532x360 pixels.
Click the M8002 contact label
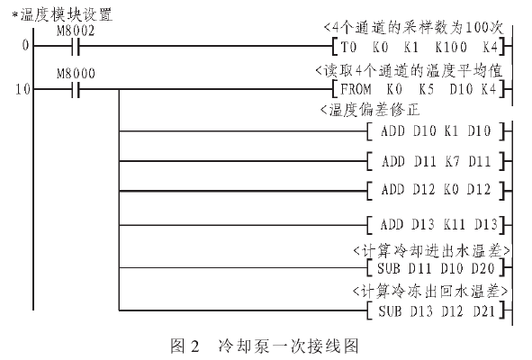click(x=76, y=31)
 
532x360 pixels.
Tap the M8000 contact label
click(x=76, y=74)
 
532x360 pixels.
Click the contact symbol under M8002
click(x=76, y=46)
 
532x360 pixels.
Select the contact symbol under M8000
click(x=76, y=89)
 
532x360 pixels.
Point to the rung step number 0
click(x=25, y=45)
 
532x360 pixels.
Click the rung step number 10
click(x=23, y=89)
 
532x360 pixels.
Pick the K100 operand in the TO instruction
click(x=451, y=47)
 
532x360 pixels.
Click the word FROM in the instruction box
click(x=356, y=89)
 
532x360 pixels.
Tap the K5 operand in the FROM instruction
click(x=426, y=89)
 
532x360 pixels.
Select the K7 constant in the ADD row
click(x=452, y=161)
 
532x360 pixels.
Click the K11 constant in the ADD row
click(x=455, y=224)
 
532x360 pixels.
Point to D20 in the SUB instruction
click(x=482, y=268)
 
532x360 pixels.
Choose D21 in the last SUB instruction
click(x=484, y=310)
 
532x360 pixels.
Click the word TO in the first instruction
click(x=348, y=47)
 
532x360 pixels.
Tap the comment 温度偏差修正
click(x=374, y=110)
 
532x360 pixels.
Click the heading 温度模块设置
click(x=66, y=14)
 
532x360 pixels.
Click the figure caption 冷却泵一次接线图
click(x=288, y=346)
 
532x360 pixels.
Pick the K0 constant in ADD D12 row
click(x=452, y=189)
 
